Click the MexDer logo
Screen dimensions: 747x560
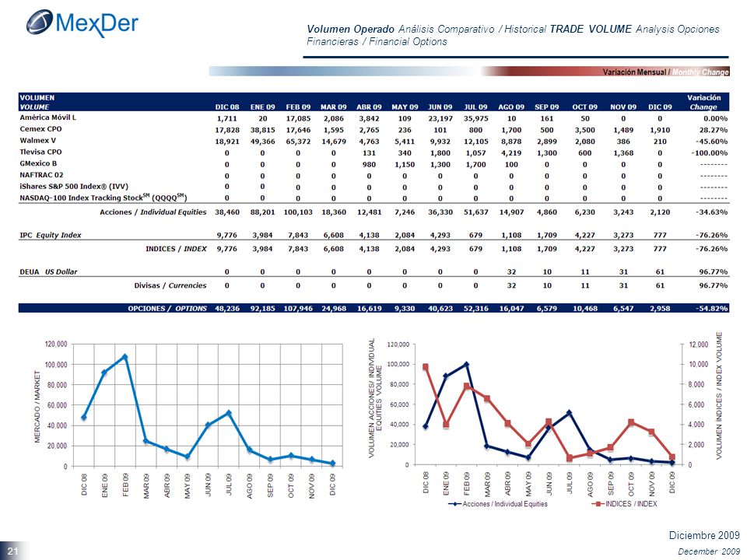coord(82,23)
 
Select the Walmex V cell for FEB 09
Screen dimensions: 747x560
coord(298,142)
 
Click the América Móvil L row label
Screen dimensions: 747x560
coord(48,117)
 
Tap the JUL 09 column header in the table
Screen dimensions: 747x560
coord(475,107)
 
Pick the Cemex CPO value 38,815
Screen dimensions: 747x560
coord(262,130)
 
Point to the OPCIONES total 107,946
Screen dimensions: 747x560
coord(298,309)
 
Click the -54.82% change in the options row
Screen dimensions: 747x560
coord(712,309)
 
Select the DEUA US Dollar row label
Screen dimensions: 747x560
coord(48,272)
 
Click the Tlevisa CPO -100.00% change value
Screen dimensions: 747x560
coord(710,153)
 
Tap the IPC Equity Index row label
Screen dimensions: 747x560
coord(51,235)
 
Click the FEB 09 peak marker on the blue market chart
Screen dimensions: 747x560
coord(125,356)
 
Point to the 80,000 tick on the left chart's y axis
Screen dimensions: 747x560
coord(56,385)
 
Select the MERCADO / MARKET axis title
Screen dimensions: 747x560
coord(37,407)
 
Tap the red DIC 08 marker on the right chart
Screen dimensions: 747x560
coord(426,367)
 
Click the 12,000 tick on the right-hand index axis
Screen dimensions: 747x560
coord(699,345)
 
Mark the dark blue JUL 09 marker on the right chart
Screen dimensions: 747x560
coord(570,412)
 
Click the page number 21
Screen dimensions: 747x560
coord(12,551)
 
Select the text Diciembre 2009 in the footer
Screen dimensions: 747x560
coord(704,535)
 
